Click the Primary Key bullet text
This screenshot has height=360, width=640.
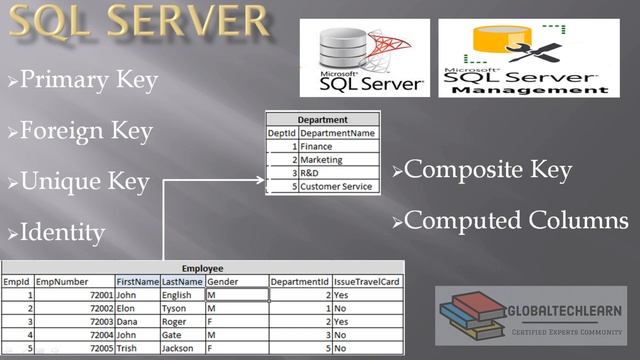point(88,80)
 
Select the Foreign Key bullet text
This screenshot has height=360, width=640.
point(86,130)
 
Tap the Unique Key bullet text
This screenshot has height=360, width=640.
point(85,182)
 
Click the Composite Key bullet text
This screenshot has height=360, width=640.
point(487,170)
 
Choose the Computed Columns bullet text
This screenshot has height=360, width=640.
point(516,220)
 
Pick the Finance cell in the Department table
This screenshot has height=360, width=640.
point(316,146)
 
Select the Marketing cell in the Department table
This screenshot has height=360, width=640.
point(321,159)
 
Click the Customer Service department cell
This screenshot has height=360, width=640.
point(336,186)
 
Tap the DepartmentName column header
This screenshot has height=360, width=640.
point(338,133)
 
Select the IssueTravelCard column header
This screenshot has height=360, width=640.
point(366,282)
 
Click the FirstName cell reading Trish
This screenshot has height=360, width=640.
point(127,349)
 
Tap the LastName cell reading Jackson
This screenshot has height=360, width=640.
point(180,349)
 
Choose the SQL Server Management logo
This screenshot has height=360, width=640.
point(524,58)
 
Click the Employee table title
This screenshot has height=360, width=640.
point(203,269)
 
